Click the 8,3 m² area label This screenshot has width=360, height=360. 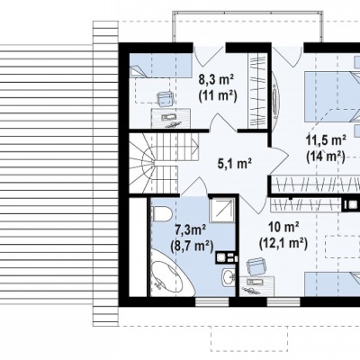pyautogui.click(x=216, y=80)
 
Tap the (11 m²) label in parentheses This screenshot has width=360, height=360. pyautogui.click(x=218, y=96)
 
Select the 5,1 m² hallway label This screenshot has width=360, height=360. pyautogui.click(x=234, y=164)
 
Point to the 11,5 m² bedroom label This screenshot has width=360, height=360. pyautogui.click(x=326, y=140)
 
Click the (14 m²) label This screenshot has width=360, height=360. pyautogui.click(x=326, y=157)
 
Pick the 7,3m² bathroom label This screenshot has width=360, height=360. pyautogui.click(x=190, y=230)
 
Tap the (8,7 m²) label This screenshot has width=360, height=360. pyautogui.click(x=192, y=247)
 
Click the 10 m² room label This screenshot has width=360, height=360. pyautogui.click(x=283, y=227)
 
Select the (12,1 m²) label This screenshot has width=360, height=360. pyautogui.click(x=283, y=243)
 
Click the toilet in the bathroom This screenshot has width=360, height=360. pyautogui.click(x=161, y=212)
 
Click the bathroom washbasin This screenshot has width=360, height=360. pyautogui.click(x=229, y=276)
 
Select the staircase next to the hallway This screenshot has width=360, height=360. pyautogui.click(x=164, y=163)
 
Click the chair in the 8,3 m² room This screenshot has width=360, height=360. pyautogui.click(x=166, y=98)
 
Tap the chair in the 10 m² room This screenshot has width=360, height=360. pyautogui.click(x=256, y=266)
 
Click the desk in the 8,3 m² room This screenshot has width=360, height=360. pyautogui.click(x=170, y=118)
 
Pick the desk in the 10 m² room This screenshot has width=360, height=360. pyautogui.click(x=256, y=286)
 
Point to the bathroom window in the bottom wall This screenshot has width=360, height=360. pyautogui.click(x=212, y=302)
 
